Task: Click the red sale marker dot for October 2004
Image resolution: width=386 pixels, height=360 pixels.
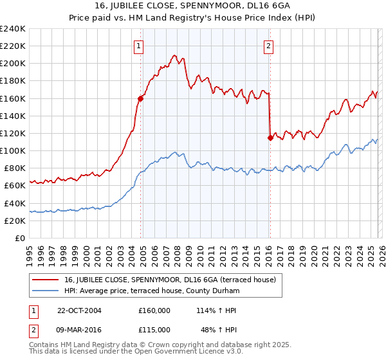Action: tap(140, 98)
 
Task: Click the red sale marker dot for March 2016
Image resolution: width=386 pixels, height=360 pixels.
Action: tap(270, 138)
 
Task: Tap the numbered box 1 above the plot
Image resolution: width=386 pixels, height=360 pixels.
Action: tap(139, 46)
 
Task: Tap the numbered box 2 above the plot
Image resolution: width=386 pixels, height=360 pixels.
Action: tap(268, 46)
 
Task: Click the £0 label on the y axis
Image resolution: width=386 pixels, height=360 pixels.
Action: tap(19, 238)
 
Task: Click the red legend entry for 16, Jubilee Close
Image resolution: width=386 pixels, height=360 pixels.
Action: tap(171, 280)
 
